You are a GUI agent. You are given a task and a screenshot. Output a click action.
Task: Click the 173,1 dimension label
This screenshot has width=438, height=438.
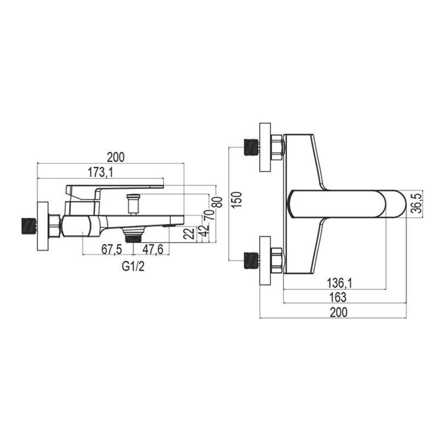100,172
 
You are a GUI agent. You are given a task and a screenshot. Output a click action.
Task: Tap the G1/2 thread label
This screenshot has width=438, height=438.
133,267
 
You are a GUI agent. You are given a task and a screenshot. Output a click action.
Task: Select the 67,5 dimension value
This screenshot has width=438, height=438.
112,250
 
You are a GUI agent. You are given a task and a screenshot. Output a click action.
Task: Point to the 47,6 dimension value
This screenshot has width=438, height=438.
153,250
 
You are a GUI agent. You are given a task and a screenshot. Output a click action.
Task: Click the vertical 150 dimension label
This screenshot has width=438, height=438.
237,199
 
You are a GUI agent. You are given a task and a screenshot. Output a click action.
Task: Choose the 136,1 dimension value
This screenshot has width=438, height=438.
339,284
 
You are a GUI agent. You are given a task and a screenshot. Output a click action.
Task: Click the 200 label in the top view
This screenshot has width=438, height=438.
339,312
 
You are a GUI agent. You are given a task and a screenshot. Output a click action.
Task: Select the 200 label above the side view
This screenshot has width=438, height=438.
116,157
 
